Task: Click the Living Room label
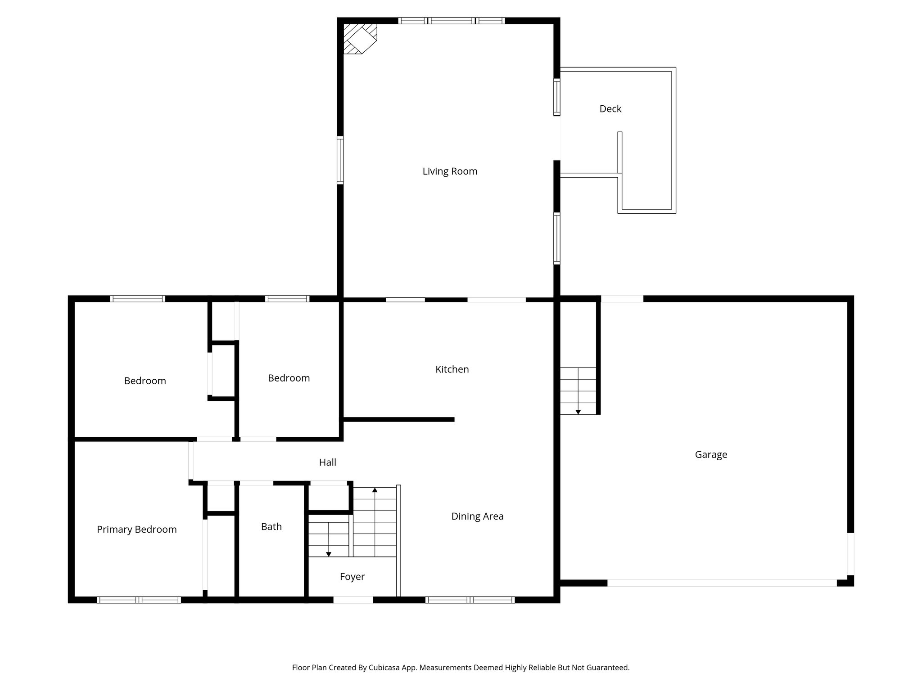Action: click(x=449, y=171)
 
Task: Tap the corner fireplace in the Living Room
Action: click(x=359, y=39)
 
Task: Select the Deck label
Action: click(x=610, y=109)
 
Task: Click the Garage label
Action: click(x=710, y=454)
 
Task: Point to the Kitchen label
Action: click(x=452, y=369)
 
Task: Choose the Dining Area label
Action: click(x=477, y=516)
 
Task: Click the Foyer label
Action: click(x=352, y=577)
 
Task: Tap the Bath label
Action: click(x=271, y=527)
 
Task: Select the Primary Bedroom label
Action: click(x=136, y=529)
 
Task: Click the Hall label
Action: click(x=327, y=462)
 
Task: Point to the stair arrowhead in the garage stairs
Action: click(x=578, y=412)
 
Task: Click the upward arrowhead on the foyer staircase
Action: click(x=375, y=490)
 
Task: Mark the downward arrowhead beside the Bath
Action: click(x=328, y=554)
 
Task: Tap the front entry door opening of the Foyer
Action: click(x=353, y=600)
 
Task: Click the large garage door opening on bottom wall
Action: click(x=722, y=583)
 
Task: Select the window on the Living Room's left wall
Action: click(x=340, y=160)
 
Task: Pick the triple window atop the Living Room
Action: click(x=451, y=21)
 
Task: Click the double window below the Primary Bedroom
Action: click(x=139, y=600)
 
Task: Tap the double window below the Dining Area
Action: click(x=470, y=600)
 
